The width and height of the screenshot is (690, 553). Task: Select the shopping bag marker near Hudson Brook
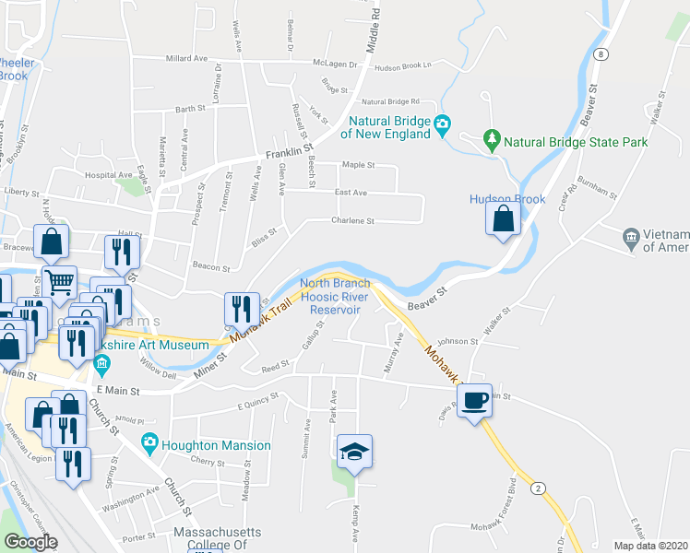tap(503, 219)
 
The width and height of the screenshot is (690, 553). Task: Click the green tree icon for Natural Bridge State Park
tap(492, 141)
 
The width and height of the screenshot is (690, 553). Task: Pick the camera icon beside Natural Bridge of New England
tap(442, 124)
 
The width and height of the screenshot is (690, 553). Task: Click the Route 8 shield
tap(601, 53)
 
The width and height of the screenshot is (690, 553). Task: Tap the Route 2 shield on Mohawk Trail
tap(537, 488)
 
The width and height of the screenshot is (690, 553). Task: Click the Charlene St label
tap(353, 221)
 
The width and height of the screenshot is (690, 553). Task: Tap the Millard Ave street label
tap(186, 58)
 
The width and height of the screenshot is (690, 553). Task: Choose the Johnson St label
tap(459, 341)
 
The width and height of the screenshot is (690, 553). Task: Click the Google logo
tap(31, 542)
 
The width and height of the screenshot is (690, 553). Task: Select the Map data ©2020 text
tap(650, 545)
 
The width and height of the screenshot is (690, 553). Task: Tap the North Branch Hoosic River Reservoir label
tap(333, 297)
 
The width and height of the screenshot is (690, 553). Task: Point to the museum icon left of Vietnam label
tap(631, 237)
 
